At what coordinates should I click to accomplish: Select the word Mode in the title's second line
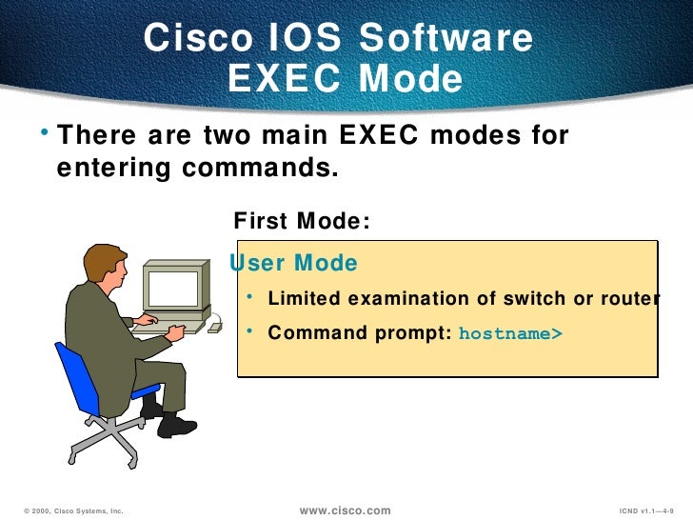point(410,81)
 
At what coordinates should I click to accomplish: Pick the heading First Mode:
point(302,221)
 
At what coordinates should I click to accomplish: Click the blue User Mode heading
point(295,263)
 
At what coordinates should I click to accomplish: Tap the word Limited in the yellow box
point(304,299)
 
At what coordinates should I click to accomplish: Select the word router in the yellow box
point(628,299)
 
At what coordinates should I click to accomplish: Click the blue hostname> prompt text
point(510,334)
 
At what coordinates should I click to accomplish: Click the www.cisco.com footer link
point(346,511)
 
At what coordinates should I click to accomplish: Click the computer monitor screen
point(173,288)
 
